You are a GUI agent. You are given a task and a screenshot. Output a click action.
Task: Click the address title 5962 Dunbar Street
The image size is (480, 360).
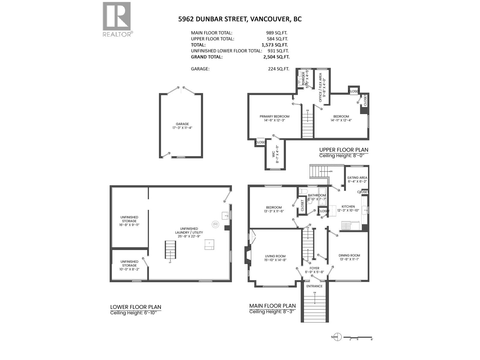pyautogui.click(x=240, y=19)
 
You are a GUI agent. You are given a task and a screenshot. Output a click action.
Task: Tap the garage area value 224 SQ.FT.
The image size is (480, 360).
pyautogui.click(x=278, y=69)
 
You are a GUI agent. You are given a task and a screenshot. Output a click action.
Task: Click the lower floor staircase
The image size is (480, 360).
pyautogui.click(x=170, y=250)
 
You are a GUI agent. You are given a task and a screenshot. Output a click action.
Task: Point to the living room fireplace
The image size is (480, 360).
pyautogui.click(x=247, y=255)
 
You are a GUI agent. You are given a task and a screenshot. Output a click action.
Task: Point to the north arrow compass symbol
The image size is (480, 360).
pyautogui.click(x=338, y=337)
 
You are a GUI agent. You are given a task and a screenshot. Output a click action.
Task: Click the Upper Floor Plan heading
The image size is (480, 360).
pyautogui.click(x=343, y=150)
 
